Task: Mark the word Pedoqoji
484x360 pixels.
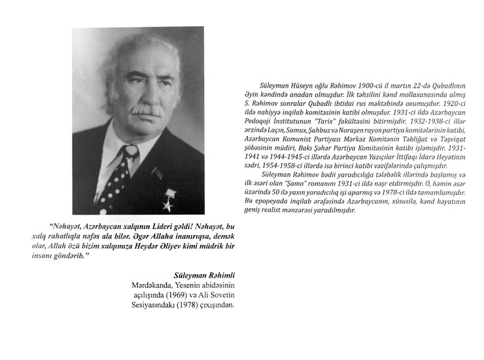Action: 253,122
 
